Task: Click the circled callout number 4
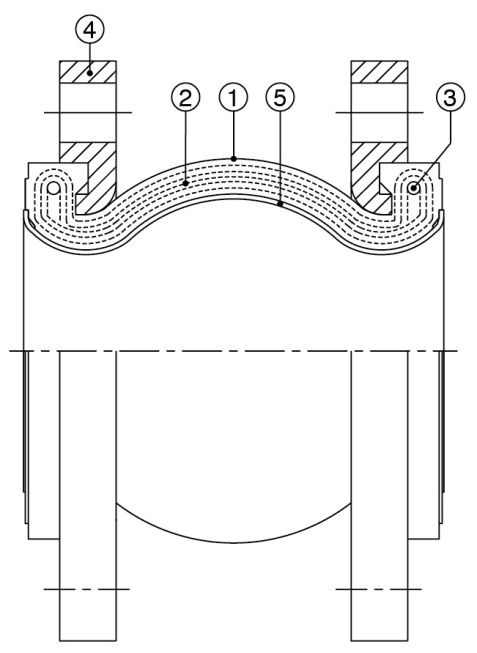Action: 90,30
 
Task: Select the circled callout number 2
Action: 185,97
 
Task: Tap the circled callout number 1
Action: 233,97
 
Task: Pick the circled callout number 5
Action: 280,97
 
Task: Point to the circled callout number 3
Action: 450,97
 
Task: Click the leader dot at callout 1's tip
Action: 234,158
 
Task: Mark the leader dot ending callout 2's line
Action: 186,182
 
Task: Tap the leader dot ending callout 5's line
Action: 281,204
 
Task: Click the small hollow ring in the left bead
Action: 53,189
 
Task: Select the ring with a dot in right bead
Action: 414,188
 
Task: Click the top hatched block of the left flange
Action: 88,72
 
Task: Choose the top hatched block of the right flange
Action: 379,72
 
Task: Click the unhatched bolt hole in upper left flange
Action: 88,112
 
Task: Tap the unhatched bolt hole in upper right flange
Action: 379,112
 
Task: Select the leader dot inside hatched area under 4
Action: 90,73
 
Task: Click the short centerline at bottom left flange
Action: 87,589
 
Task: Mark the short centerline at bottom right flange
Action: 379,589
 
